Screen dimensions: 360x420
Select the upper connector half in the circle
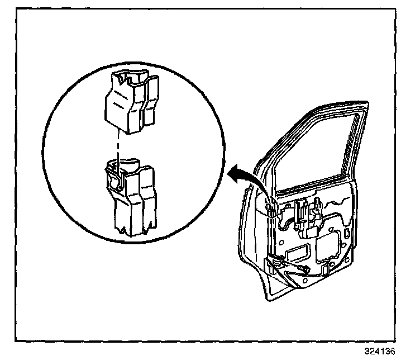(131, 103)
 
